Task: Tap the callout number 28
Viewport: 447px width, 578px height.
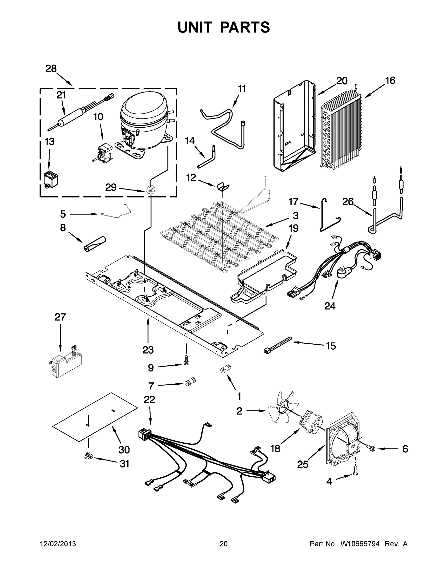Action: pos(51,69)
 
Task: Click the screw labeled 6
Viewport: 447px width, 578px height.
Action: pos(371,448)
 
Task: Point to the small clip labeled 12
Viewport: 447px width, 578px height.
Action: pos(223,186)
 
